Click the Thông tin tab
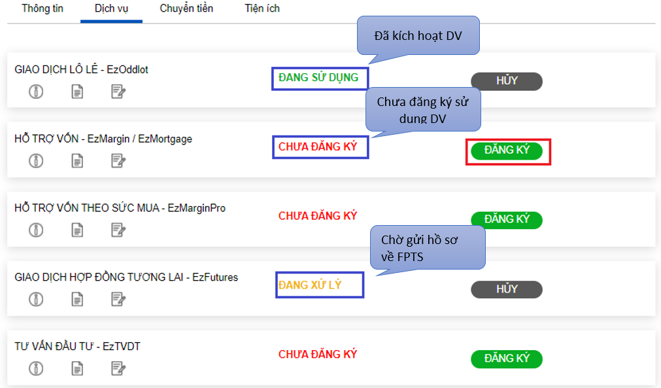(42, 9)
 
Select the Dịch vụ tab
(111, 9)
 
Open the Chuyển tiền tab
(186, 9)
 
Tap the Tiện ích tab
(262, 9)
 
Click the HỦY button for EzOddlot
(507, 81)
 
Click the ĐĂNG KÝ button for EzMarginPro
(507, 220)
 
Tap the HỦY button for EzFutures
(507, 289)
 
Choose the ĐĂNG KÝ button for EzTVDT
(507, 359)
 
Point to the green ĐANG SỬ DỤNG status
(318, 78)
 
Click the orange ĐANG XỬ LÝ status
(310, 285)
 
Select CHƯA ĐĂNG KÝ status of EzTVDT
(318, 354)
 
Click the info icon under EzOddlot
(36, 92)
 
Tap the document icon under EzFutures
(77, 300)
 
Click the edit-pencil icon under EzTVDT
(118, 368)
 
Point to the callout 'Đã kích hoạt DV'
(418, 35)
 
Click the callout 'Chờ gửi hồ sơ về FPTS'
(428, 248)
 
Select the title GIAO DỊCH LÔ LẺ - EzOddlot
(81, 69)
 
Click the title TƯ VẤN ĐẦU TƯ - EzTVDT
(77, 347)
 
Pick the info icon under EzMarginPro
(36, 230)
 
